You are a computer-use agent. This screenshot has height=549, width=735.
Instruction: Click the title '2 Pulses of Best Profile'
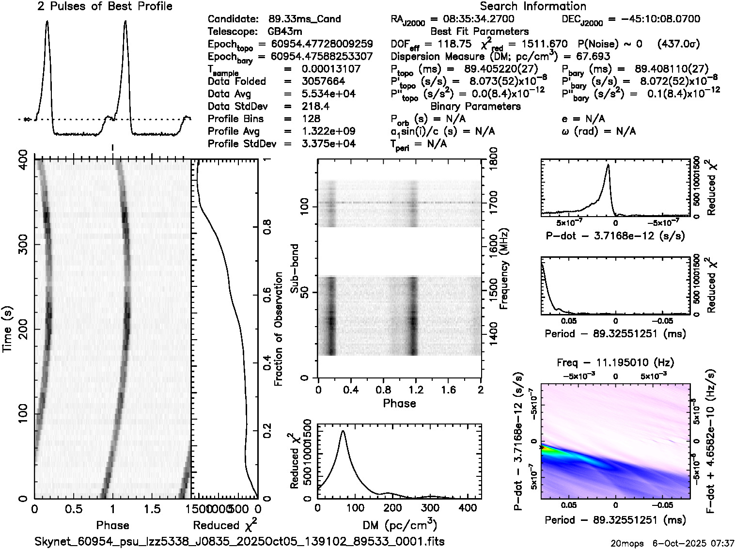click(x=105, y=6)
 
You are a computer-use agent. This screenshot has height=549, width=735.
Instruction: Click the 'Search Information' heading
click(x=533, y=6)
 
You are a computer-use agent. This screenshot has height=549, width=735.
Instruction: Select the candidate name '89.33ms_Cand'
click(x=304, y=19)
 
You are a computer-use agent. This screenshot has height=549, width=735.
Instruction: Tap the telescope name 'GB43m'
click(x=286, y=32)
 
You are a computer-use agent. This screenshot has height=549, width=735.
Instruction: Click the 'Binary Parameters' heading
click(x=475, y=106)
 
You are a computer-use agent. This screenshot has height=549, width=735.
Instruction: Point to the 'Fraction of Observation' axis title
click(x=279, y=329)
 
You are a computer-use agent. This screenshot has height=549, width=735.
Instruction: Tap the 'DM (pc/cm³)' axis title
click(x=399, y=525)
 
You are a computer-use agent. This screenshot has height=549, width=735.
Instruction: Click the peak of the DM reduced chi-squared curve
click(x=343, y=430)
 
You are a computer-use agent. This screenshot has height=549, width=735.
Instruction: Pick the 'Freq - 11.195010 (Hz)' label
click(x=615, y=362)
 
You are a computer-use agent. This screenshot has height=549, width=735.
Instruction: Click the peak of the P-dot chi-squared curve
click(x=607, y=165)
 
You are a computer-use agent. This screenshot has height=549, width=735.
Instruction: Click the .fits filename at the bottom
click(x=240, y=541)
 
